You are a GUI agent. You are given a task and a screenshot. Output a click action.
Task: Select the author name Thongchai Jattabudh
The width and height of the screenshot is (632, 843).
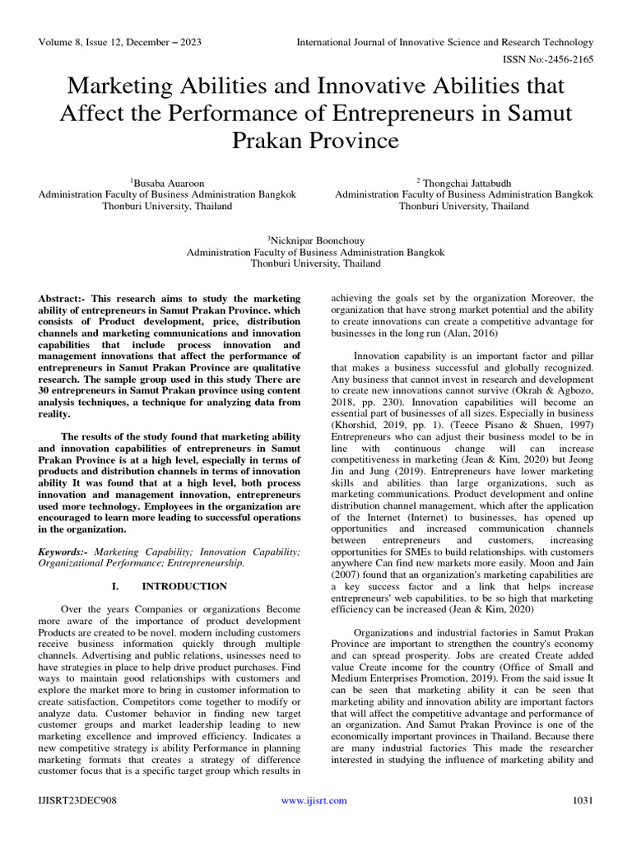(466, 181)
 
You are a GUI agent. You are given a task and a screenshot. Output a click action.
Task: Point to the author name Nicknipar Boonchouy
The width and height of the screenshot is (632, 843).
(317, 239)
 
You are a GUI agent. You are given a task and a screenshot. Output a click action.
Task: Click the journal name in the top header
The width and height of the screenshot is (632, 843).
(444, 42)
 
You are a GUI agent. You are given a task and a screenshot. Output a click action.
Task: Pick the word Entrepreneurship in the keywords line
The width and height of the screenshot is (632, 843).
(202, 563)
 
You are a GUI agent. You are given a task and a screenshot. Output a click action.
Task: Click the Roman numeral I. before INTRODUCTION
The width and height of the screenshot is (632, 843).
(115, 586)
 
